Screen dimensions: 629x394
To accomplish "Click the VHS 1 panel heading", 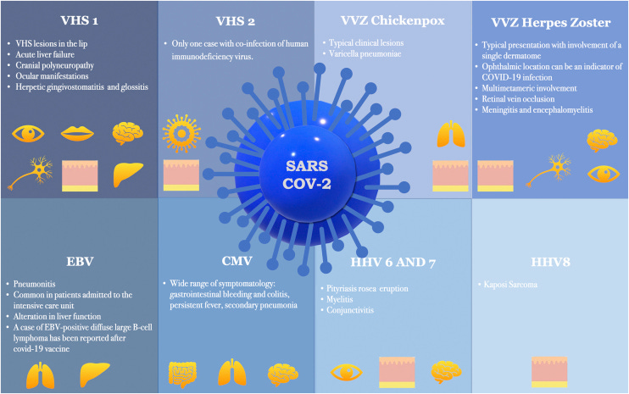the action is click(x=77, y=19).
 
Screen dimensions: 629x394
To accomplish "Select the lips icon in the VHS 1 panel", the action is click(x=79, y=134).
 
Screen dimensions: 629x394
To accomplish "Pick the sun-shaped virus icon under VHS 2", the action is click(x=180, y=134).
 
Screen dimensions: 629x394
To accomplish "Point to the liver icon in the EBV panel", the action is click(x=95, y=373).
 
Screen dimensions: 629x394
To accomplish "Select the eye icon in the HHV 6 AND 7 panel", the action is click(x=346, y=372).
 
